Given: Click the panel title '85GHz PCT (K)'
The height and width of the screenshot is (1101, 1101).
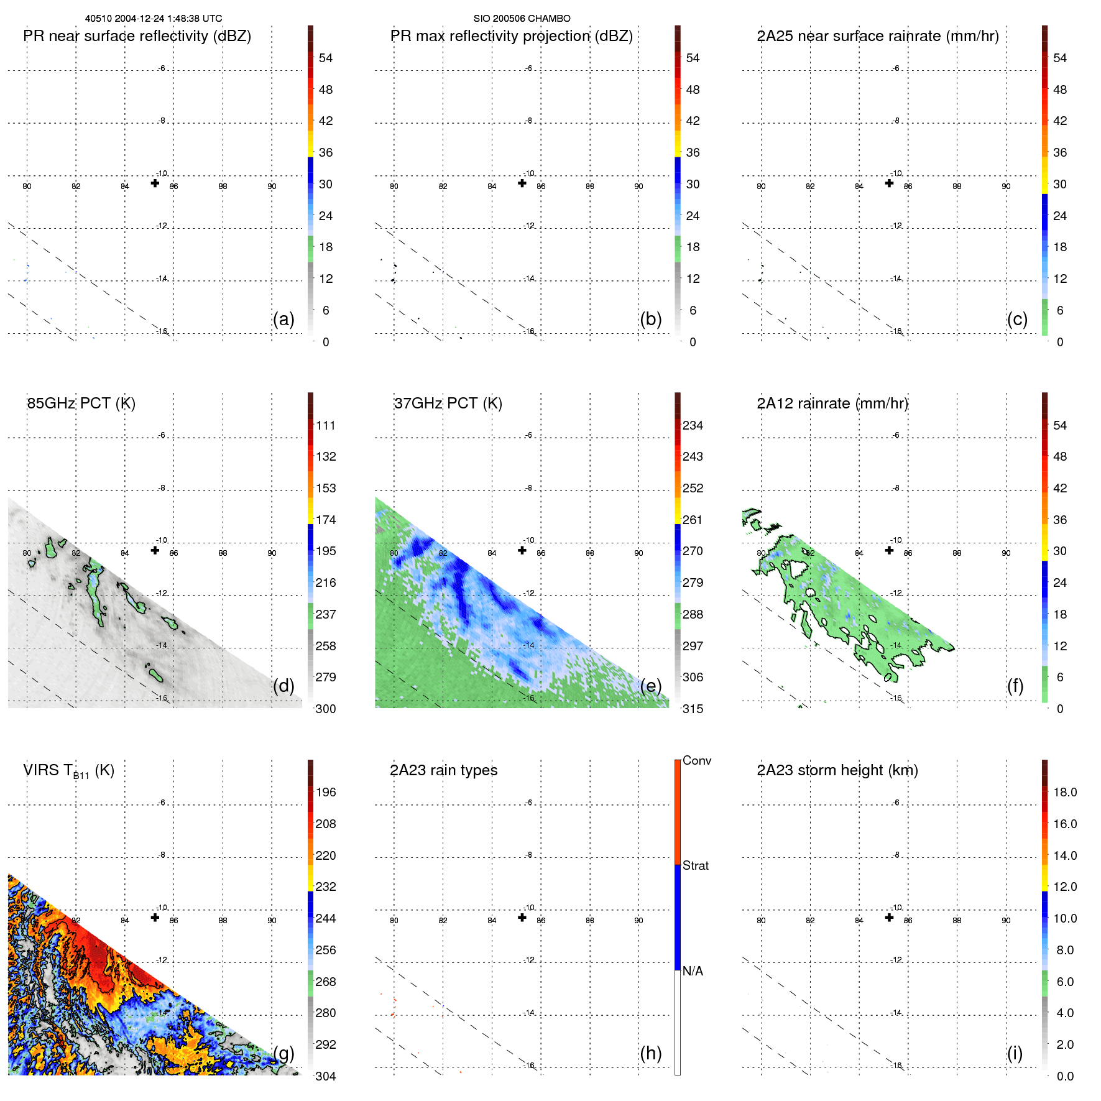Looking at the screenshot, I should click(x=81, y=403).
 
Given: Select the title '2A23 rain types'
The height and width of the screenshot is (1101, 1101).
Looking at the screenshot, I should click(x=443, y=770).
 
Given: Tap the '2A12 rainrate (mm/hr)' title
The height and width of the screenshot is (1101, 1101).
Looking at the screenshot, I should click(x=832, y=403).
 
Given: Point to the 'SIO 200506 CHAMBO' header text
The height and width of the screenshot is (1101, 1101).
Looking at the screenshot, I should click(x=522, y=19).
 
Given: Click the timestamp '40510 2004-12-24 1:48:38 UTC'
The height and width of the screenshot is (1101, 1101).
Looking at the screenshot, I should click(x=153, y=19).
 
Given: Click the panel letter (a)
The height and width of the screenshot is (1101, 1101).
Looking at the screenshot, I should click(x=283, y=319).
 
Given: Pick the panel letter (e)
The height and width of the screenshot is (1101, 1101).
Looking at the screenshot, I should click(x=650, y=686).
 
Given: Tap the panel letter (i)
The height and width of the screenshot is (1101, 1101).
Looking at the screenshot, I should click(x=1015, y=1053).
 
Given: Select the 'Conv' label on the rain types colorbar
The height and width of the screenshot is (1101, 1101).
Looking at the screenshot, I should click(x=696, y=760).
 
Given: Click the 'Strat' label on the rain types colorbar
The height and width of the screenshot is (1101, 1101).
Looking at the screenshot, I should click(x=695, y=865).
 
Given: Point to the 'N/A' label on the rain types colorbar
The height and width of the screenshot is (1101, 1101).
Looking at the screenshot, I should click(x=693, y=971).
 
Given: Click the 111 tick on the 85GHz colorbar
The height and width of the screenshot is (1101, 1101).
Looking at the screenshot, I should click(x=326, y=425).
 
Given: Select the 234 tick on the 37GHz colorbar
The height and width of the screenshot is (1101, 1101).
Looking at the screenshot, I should click(x=693, y=425).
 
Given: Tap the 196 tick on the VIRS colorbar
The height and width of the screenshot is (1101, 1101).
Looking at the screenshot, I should click(x=326, y=792).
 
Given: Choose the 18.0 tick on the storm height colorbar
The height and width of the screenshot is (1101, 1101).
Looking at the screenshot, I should click(x=1064, y=792).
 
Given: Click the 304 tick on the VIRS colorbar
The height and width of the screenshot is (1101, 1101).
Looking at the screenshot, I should click(x=326, y=1076).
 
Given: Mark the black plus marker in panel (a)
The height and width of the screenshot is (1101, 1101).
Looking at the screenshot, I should click(x=155, y=183).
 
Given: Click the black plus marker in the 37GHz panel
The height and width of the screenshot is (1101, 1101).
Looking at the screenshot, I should click(x=522, y=550).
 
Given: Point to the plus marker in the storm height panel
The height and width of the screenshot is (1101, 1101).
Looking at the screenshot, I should click(x=889, y=918).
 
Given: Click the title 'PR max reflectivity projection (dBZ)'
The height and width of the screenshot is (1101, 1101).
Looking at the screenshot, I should click(x=511, y=36).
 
